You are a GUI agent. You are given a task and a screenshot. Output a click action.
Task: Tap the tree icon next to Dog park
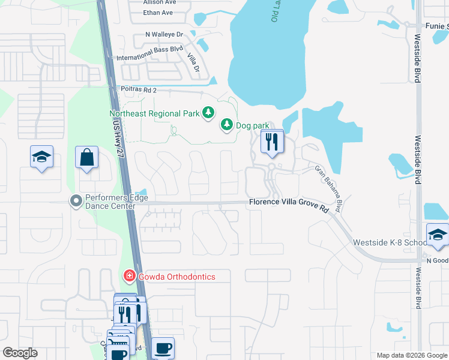(x=226, y=125)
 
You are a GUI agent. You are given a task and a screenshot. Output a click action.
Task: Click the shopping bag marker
(x=87, y=158)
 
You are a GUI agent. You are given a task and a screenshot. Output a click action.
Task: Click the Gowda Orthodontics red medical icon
(x=128, y=276)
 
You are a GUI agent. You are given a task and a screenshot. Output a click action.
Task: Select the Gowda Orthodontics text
(x=176, y=277)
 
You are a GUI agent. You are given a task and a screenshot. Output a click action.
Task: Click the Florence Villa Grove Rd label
(x=289, y=204)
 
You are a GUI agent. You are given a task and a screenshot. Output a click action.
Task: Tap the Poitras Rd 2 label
(x=138, y=90)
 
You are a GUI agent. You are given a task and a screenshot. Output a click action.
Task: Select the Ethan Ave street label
(x=158, y=12)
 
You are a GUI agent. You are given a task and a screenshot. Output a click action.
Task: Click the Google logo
(x=20, y=353)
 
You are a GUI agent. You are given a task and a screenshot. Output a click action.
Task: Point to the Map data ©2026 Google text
(x=411, y=355)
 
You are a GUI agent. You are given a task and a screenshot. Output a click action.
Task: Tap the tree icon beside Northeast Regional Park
(x=208, y=112)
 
